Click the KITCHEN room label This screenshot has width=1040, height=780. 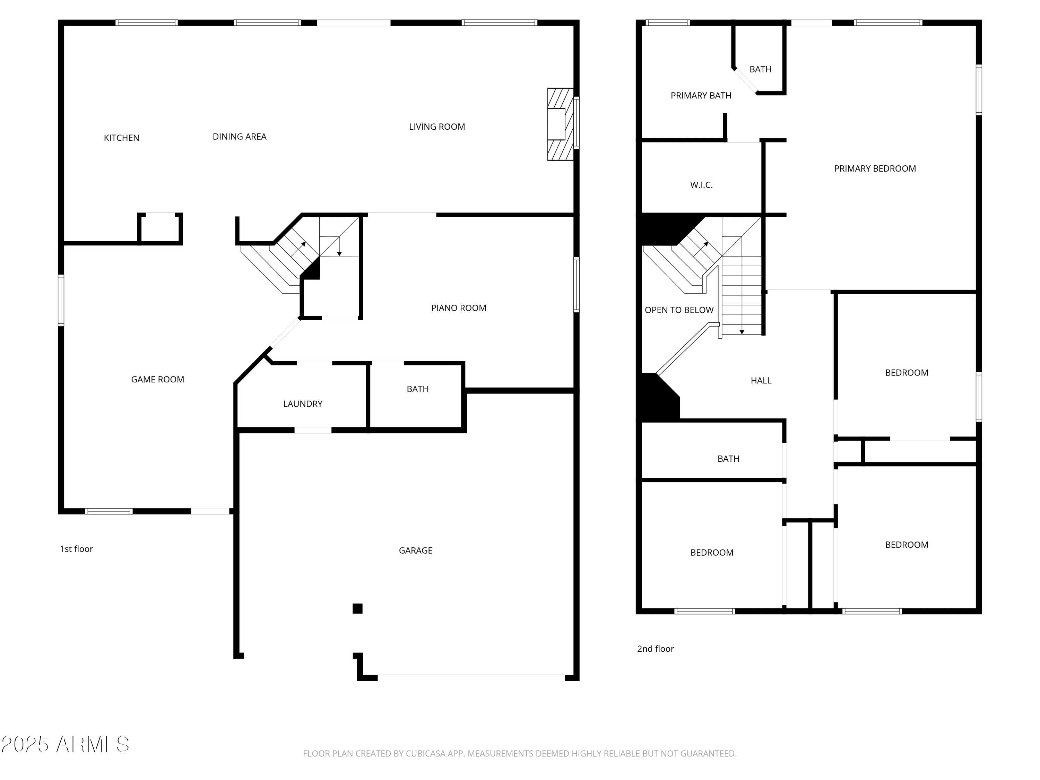[121, 138]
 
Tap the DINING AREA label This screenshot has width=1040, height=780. [239, 136]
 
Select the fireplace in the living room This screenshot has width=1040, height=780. [560, 124]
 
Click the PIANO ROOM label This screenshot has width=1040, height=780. [458, 308]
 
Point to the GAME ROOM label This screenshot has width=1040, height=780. [157, 379]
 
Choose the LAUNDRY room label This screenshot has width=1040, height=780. [302, 404]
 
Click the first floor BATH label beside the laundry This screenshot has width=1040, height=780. [417, 389]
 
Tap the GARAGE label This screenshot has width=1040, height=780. [415, 550]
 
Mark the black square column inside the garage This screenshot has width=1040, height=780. [357, 608]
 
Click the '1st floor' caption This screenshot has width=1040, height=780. [76, 549]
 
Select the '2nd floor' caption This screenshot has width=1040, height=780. [655, 649]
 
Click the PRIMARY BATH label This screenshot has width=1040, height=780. [701, 95]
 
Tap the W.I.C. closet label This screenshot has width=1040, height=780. [701, 185]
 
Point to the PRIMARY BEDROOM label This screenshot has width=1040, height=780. [875, 168]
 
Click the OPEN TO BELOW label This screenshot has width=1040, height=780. [678, 310]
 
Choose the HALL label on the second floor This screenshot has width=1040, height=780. [761, 380]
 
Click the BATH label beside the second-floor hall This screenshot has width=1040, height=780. [728, 458]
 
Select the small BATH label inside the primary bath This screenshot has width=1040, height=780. [760, 69]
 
